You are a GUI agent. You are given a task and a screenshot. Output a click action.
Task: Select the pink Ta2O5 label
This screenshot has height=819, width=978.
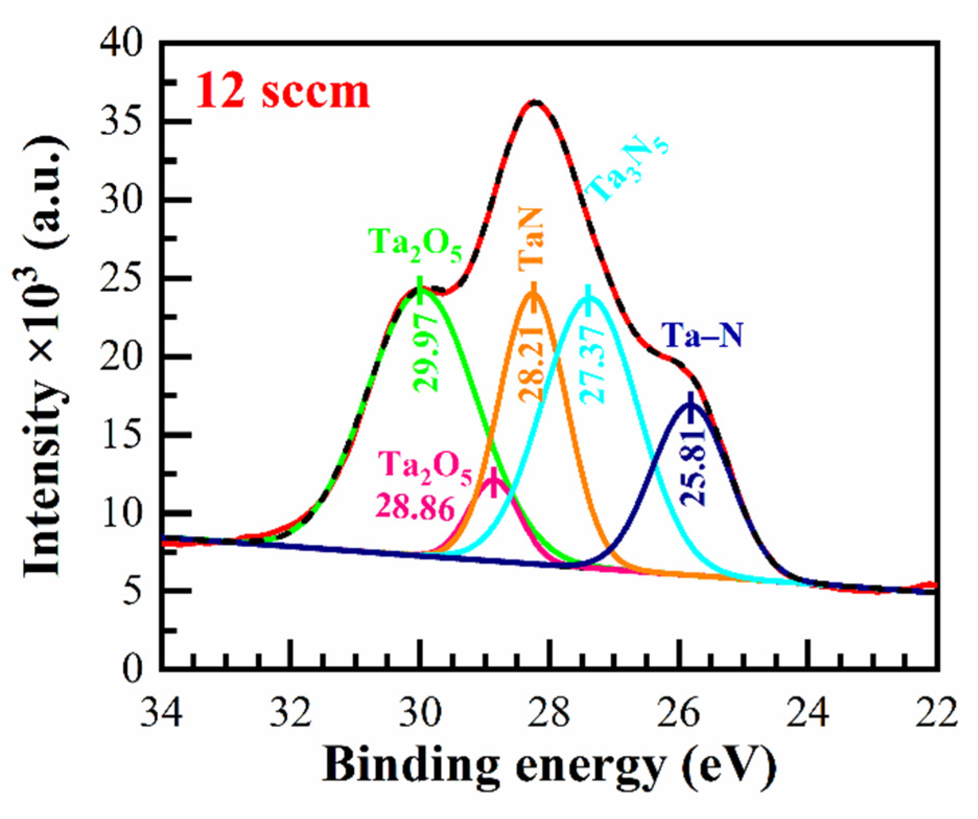424,474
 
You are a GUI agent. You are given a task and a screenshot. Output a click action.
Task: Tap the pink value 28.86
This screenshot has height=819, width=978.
415,506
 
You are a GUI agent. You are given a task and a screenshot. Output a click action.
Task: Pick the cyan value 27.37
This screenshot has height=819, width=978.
593,364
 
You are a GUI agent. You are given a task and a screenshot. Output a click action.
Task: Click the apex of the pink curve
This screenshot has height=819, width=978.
493,478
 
